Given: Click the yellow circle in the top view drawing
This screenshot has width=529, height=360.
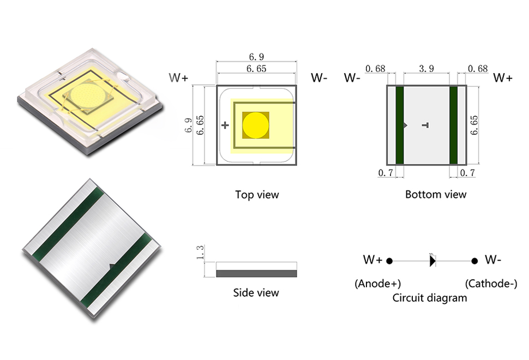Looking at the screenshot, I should tap(255, 125).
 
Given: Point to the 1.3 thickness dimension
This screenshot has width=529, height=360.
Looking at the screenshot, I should tap(200, 253).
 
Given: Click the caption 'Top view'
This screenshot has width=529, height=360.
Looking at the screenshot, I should tap(257, 195).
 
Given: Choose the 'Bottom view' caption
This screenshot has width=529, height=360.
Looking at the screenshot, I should tap(436, 194).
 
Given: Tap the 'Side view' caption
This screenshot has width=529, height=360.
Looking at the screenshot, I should tap(256, 293).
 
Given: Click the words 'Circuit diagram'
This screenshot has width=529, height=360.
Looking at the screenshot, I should tap(430, 298).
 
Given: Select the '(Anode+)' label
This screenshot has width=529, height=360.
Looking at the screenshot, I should tap(378, 284).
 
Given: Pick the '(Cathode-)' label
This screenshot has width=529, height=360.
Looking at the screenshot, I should tap(491, 284).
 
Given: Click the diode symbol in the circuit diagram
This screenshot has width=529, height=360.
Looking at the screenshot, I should tap(432, 261).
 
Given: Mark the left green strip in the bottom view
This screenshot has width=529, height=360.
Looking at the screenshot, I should tap(399, 125).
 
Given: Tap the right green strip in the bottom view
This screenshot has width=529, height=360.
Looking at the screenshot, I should tap(453, 125).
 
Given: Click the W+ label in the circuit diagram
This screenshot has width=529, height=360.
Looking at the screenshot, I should tap(373, 260).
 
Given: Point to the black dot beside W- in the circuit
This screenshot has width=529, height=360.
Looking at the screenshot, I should tap(474, 261).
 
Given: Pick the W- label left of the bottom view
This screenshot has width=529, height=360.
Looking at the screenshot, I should tap(353, 78).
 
